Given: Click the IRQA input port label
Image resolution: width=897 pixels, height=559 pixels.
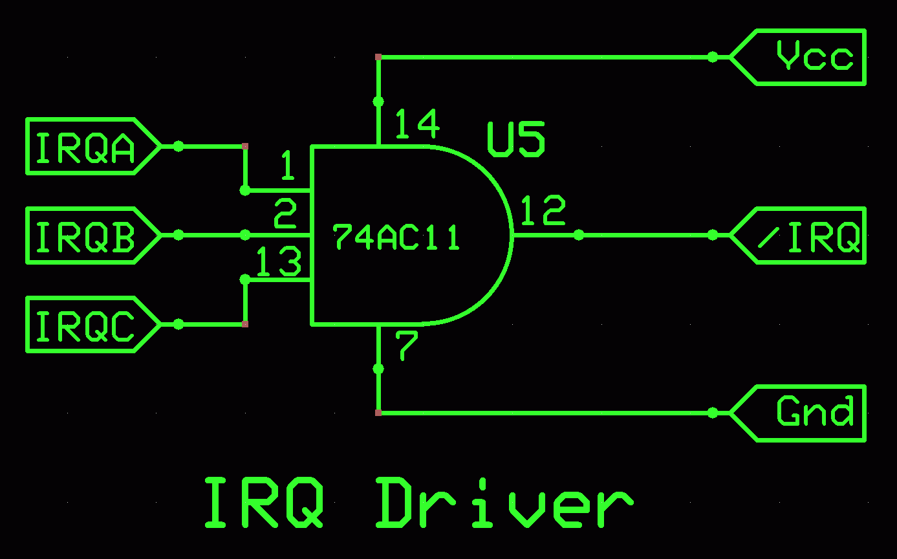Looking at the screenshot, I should (85, 147).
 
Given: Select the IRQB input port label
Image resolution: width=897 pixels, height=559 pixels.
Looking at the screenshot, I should (85, 236).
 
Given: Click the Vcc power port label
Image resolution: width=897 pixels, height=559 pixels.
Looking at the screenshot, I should (814, 57).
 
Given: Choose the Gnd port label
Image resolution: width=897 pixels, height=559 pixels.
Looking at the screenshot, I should (814, 413).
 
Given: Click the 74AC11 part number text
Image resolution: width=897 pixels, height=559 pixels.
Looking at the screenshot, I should (396, 237).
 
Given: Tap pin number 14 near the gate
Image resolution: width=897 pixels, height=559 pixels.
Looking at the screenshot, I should (417, 124).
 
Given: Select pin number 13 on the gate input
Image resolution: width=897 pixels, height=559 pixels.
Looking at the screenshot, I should (279, 263).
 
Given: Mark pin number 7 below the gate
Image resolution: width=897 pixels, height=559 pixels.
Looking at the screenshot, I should (407, 346).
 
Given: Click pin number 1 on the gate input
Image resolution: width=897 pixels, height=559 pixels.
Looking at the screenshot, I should (287, 166).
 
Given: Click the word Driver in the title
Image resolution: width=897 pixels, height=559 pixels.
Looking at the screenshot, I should (503, 502).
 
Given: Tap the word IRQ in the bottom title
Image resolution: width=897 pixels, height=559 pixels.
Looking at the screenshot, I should (264, 502).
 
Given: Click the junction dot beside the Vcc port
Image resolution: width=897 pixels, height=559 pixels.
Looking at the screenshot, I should (713, 57).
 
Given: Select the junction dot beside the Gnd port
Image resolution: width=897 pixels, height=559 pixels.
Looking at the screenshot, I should (713, 413).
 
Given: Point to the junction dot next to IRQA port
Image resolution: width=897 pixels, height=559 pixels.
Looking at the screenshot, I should (178, 147).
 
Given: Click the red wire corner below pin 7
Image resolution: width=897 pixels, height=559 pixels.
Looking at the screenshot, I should (378, 413).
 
